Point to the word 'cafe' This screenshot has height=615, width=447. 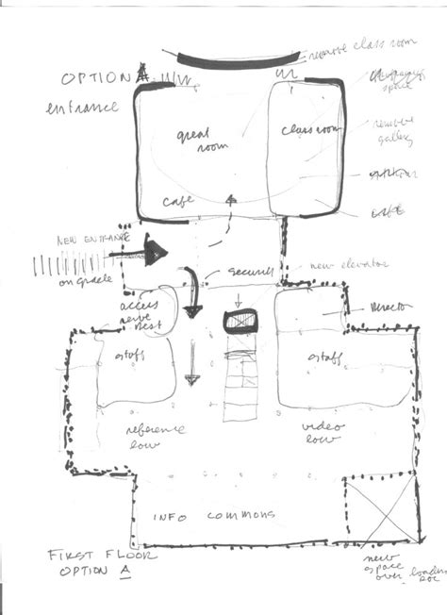179,201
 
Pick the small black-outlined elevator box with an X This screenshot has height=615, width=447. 241,323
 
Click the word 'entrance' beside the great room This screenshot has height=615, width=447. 82,108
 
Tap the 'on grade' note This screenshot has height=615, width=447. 82,282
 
